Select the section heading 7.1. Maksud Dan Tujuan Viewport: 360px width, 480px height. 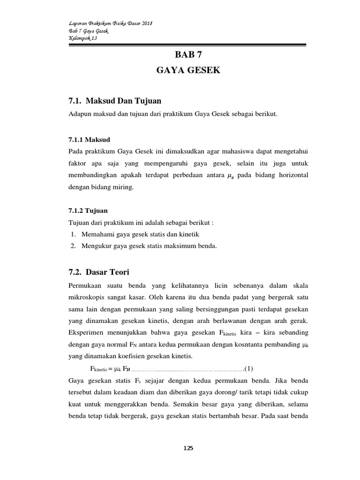(x=115, y=101)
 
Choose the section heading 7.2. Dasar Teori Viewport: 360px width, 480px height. (x=98, y=272)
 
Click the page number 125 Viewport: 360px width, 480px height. (x=188, y=448)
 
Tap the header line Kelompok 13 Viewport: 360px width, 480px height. (x=82, y=38)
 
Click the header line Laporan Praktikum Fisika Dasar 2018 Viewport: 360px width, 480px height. (x=111, y=23)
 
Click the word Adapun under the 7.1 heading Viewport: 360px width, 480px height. (x=80, y=114)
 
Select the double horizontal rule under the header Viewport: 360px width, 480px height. (x=187, y=45)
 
